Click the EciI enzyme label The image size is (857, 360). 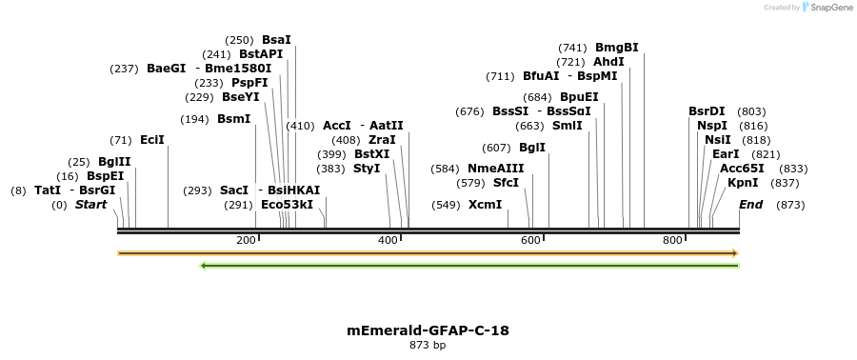152,140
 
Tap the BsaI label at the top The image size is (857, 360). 276,40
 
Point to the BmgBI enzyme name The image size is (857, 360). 617,48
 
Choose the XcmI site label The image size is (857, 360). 486,205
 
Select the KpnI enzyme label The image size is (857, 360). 743,183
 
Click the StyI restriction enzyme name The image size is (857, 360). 367,169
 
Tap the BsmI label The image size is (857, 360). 234,119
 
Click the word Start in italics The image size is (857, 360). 91,205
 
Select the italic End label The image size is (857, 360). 751,205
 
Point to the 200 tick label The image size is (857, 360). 246,240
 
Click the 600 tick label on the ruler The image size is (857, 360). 531,240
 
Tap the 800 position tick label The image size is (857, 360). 674,240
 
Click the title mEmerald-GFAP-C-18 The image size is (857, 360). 428,330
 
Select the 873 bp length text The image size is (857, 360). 428,345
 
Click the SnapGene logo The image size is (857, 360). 827,8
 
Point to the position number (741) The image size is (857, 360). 573,48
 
